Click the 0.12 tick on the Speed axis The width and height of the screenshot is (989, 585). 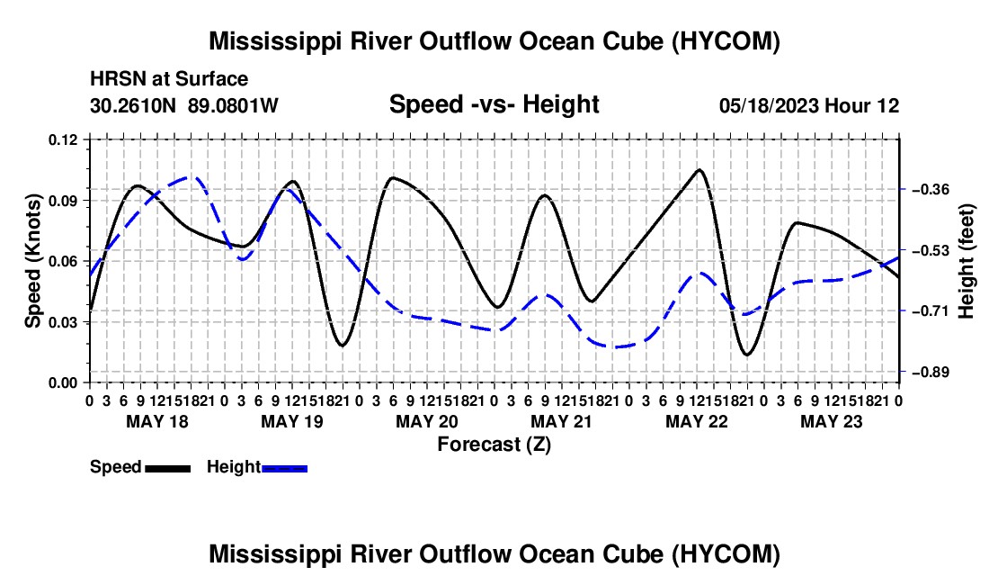click(62, 139)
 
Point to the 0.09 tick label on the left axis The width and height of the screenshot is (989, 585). click(62, 201)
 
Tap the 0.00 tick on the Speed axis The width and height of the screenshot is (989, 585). click(62, 382)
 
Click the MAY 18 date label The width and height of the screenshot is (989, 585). click(157, 421)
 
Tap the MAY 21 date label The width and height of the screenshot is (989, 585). click(561, 421)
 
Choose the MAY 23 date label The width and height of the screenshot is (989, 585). click(832, 421)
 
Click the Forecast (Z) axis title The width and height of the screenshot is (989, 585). click(494, 445)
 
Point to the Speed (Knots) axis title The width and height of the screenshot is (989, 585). click(32, 261)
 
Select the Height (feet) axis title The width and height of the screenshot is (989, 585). click(967, 261)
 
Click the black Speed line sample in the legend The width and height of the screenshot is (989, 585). click(168, 468)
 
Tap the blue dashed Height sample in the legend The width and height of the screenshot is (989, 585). click(284, 468)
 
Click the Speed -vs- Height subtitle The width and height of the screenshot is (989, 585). click(494, 104)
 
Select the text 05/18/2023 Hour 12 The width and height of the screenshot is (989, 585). click(809, 105)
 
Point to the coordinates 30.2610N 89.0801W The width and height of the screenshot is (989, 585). click(184, 105)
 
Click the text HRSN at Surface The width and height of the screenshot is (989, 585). click(169, 79)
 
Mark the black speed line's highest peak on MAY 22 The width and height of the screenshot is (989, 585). click(699, 169)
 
